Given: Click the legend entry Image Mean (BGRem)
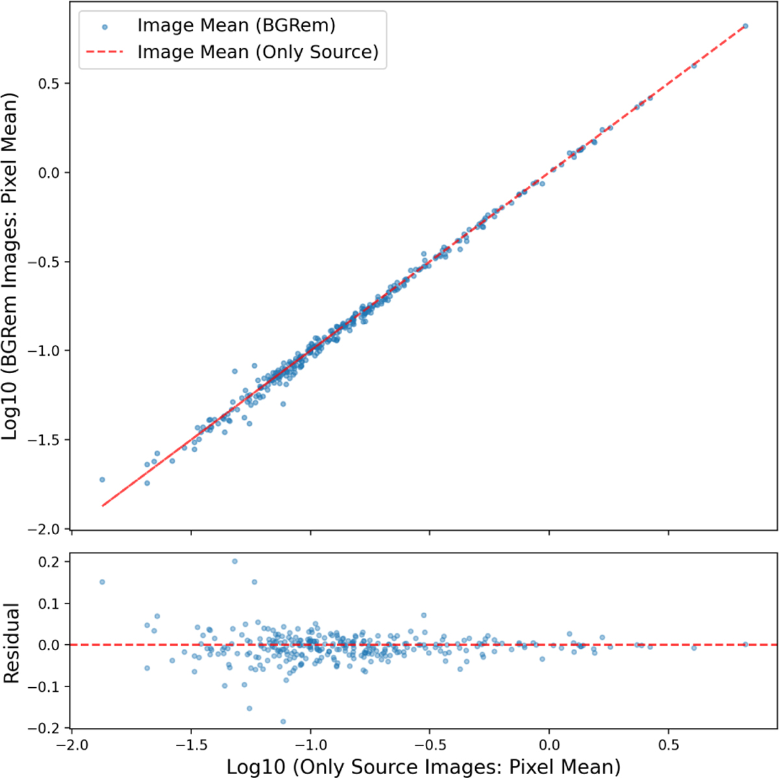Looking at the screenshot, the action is pos(236,25).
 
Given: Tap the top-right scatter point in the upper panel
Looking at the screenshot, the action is pos(745,26).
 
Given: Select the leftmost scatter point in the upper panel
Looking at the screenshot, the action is pos(103,480).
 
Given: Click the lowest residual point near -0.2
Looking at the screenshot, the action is pos(283,722).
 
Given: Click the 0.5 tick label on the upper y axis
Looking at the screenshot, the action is pos(48,84).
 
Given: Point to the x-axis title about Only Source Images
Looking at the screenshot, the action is pos(423,766).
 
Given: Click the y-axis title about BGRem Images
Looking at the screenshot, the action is pos(10,266).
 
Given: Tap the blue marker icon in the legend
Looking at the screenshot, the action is pos(105,27).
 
